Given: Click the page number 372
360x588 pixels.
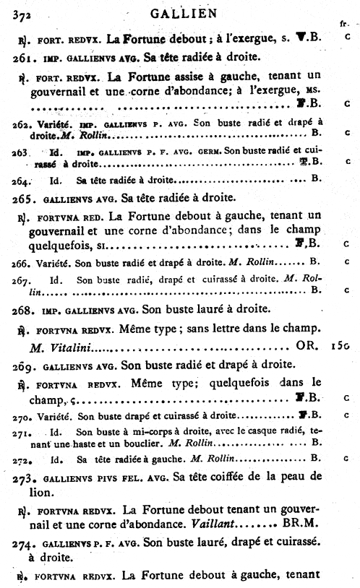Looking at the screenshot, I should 14,8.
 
